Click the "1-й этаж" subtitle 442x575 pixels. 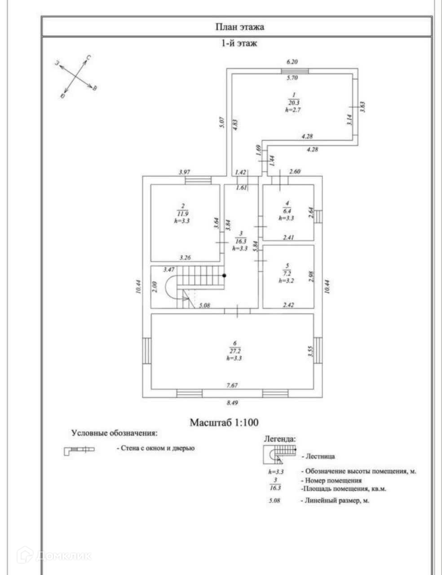point(239,44)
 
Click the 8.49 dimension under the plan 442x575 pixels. point(232,403)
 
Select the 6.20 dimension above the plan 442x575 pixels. point(292,62)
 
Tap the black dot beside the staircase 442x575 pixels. point(224,275)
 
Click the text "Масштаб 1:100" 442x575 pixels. point(224,423)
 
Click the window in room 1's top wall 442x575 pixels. point(295,71)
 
